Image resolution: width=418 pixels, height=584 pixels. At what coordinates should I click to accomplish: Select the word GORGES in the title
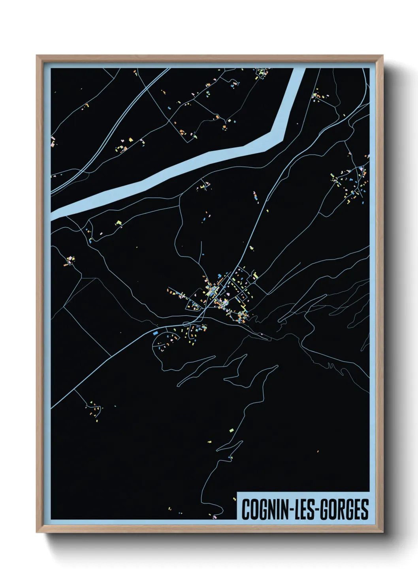[343, 509]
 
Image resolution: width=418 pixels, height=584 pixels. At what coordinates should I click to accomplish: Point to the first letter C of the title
[245, 509]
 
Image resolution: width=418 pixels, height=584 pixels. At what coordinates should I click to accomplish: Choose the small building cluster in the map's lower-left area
[95, 408]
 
